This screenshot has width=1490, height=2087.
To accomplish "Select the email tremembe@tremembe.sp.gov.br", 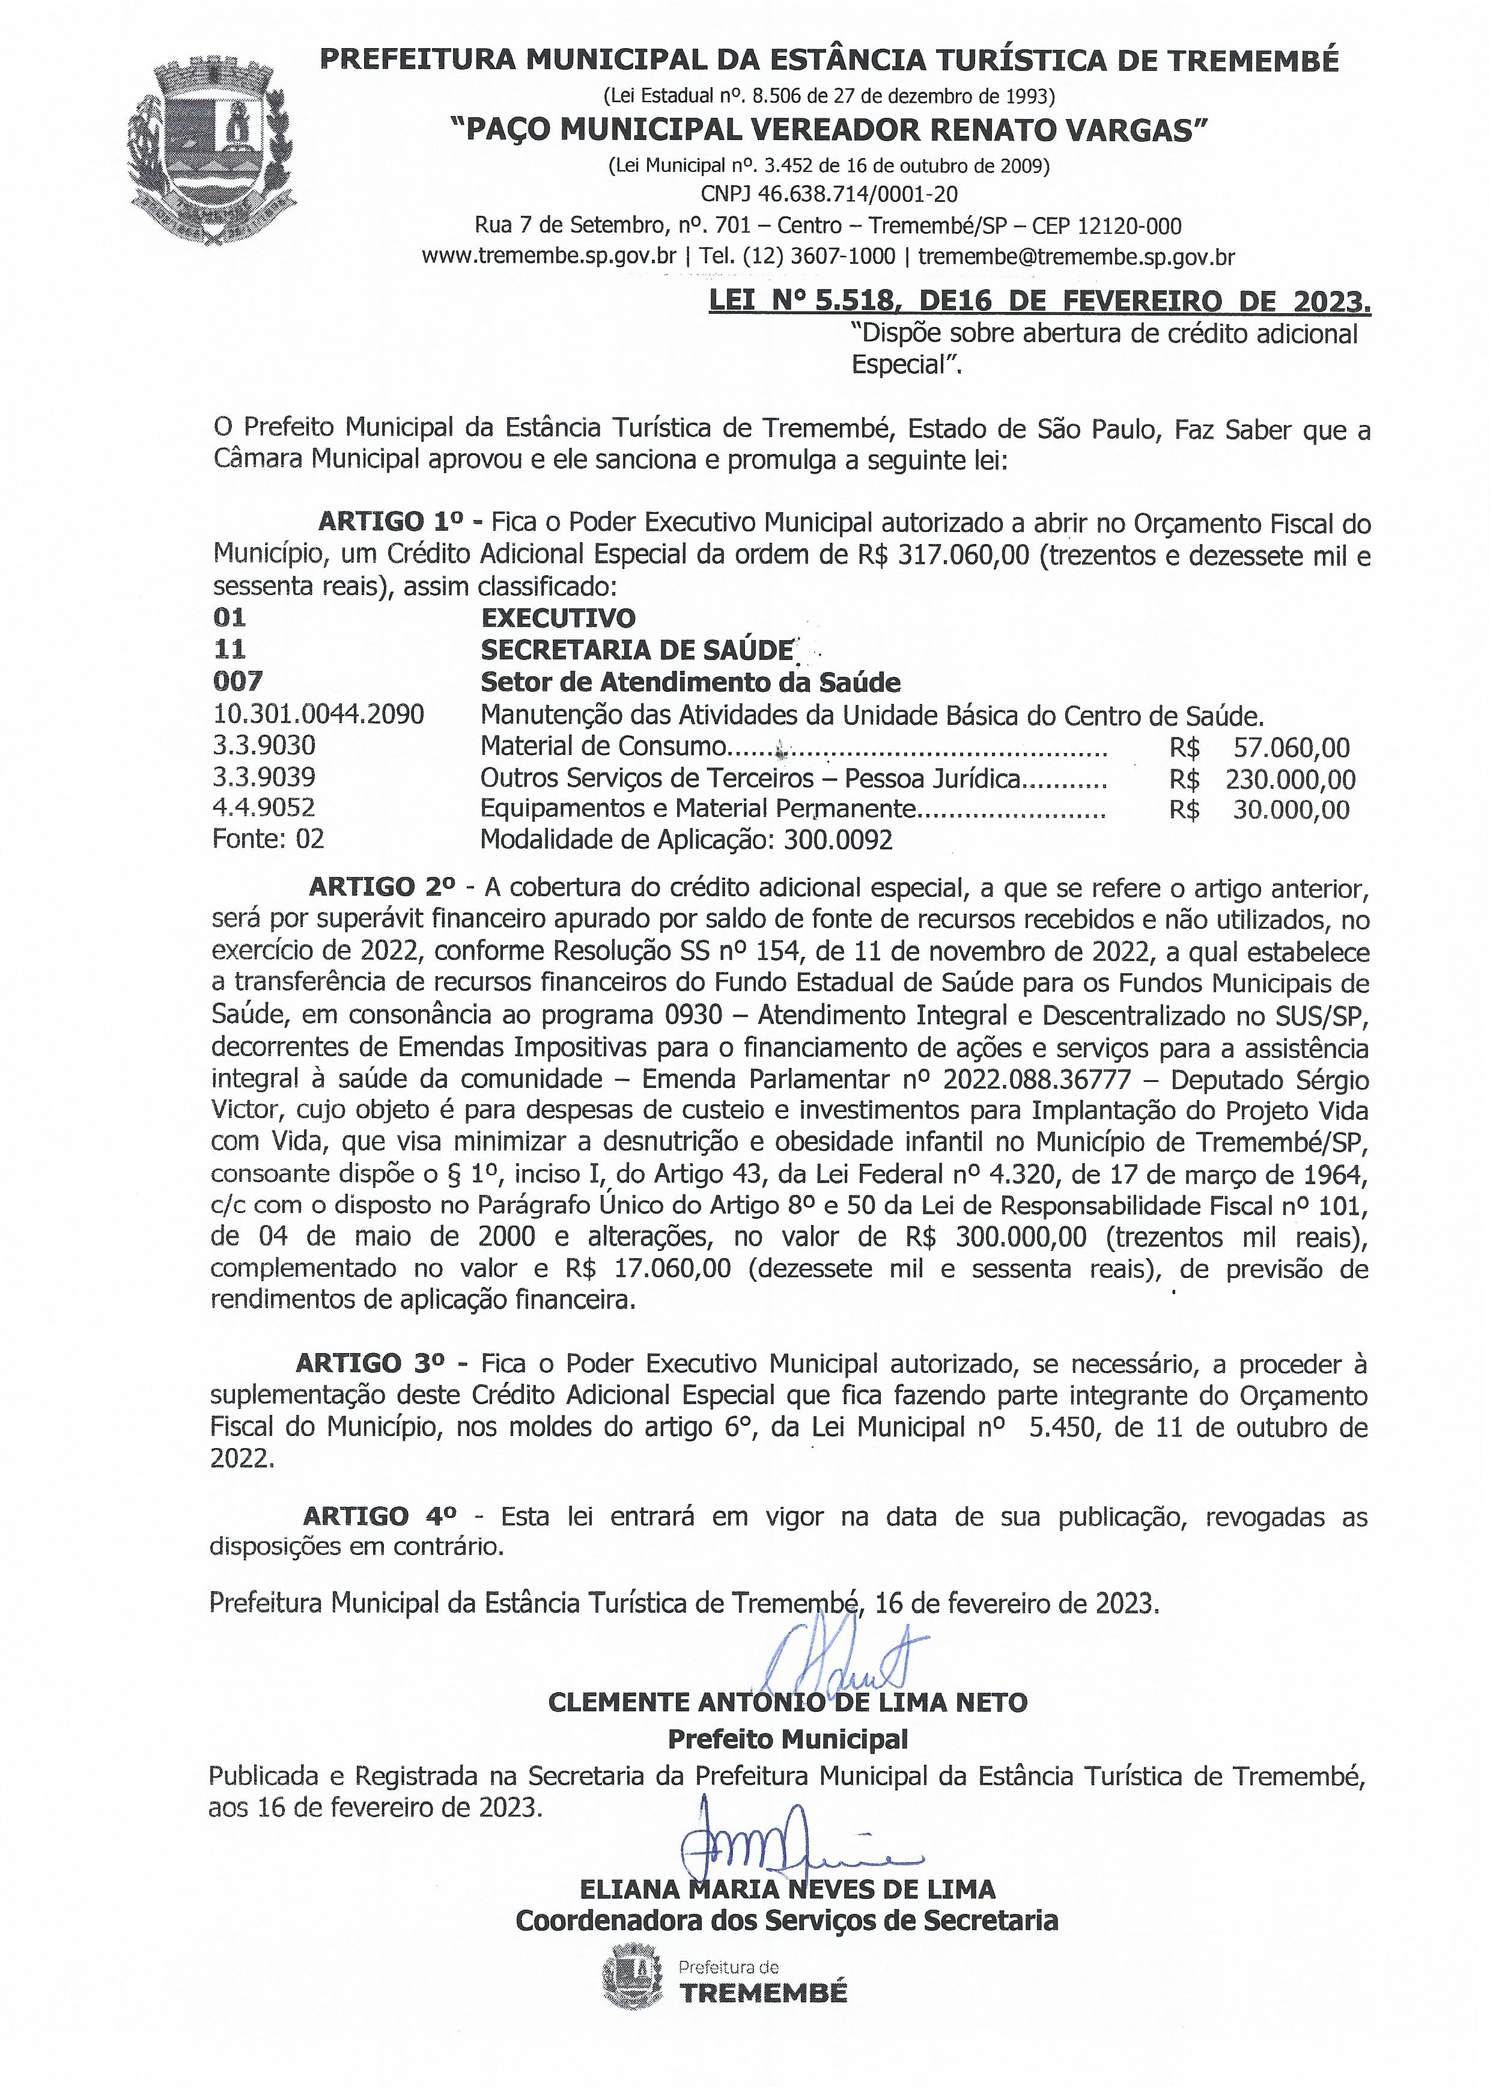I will pos(1076,257).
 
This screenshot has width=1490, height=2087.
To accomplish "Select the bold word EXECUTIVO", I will pos(558,618).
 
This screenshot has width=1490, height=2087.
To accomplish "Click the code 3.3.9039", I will pos(264,778).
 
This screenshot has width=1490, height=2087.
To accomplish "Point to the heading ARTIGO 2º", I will pos(382,887).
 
